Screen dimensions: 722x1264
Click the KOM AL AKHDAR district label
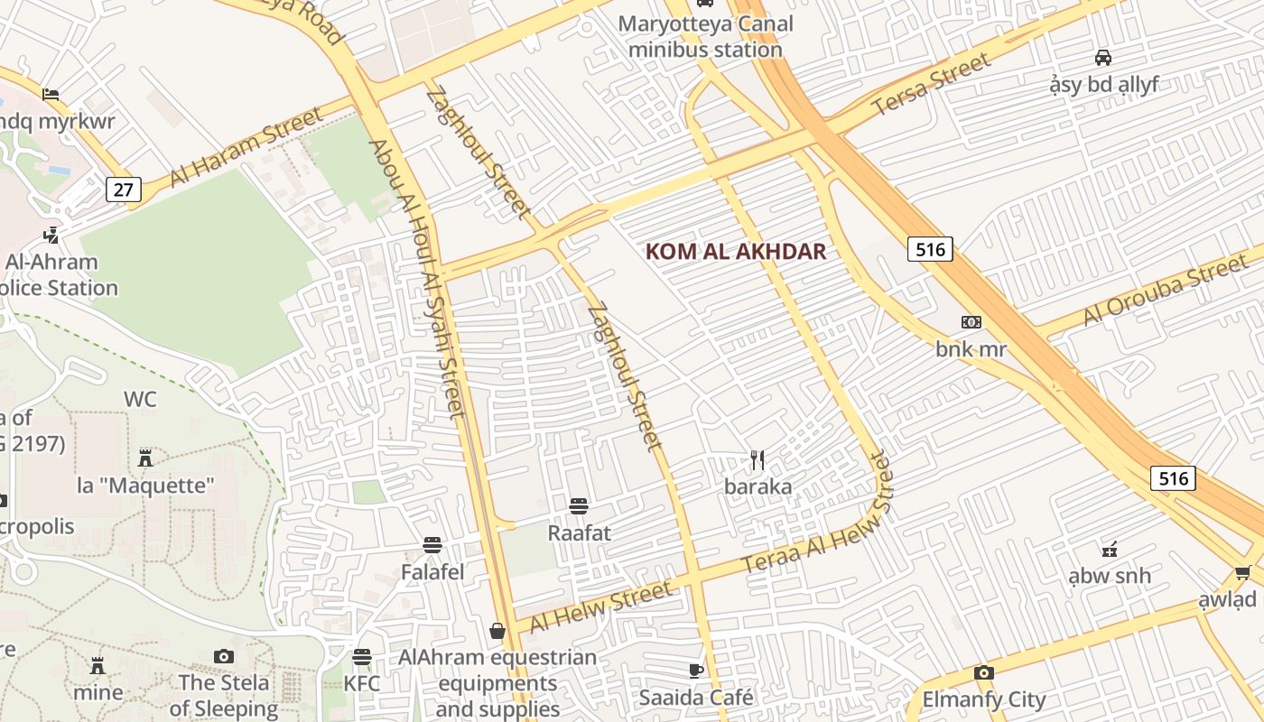point(736,251)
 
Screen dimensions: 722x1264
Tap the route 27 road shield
point(124,190)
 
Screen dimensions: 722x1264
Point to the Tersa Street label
point(931,85)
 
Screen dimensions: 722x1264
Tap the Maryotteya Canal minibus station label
point(705,36)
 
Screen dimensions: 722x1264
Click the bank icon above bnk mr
point(971,322)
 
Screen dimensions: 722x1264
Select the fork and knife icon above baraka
point(757,460)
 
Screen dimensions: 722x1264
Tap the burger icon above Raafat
point(579,506)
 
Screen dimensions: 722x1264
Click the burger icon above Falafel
point(432,545)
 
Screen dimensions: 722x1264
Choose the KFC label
point(362,683)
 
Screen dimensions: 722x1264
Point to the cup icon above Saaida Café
point(695,671)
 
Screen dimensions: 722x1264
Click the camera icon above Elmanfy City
point(983,672)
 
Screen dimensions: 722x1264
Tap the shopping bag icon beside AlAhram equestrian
point(497,630)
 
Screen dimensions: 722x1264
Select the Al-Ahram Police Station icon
point(51,236)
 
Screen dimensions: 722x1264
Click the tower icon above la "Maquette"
point(145,458)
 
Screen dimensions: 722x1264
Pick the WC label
point(140,399)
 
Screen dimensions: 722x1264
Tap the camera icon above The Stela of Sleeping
point(223,656)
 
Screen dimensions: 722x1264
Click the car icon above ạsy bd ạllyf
point(1102,58)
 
